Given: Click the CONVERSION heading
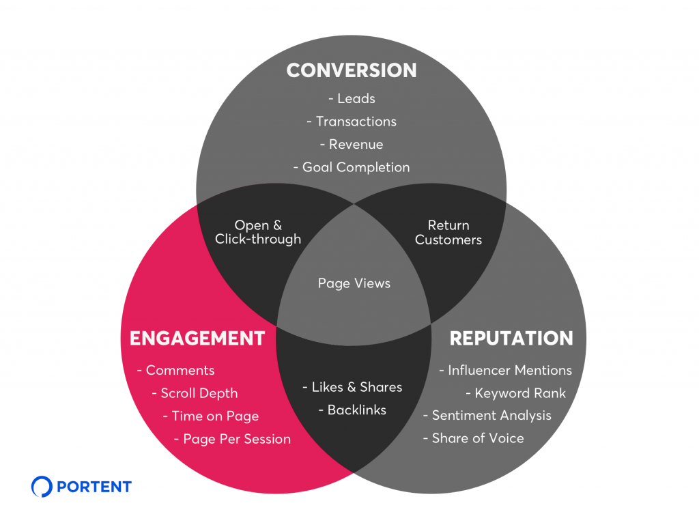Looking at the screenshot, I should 352,70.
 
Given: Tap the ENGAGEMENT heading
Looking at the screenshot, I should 197,338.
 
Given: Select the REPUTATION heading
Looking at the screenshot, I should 511,338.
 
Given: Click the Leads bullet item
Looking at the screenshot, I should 352,98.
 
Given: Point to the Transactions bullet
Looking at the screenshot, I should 352,121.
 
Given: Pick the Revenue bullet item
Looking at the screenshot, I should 352,144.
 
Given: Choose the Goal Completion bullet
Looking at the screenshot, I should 352,167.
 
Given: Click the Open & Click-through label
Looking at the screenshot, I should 258,232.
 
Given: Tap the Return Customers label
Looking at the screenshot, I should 448,232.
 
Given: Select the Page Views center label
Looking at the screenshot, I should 354,283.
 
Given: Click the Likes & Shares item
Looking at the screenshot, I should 352,387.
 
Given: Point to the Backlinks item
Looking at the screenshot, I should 352,410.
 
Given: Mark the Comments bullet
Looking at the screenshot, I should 176,371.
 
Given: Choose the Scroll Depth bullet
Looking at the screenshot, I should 195,393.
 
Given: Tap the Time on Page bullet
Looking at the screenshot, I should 211,416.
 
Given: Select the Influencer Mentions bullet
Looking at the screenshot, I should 505,371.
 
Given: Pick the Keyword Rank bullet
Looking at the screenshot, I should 516,393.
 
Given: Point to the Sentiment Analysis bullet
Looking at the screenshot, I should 487,416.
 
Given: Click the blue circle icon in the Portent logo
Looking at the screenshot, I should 42,487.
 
